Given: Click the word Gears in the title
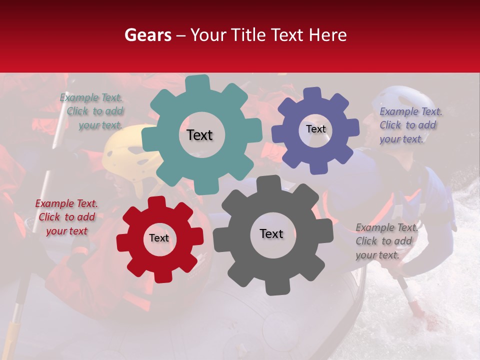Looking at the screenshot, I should [x=147, y=35].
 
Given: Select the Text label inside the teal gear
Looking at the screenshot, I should [x=199, y=135].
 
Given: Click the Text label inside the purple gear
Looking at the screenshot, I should [x=315, y=129].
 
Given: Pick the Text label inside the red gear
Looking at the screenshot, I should [x=159, y=238].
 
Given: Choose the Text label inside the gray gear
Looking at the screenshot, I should [x=271, y=233].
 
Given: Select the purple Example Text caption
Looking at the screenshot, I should [x=410, y=125].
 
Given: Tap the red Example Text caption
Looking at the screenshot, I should [x=66, y=217].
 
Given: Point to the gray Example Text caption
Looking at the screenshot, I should [x=386, y=241].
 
